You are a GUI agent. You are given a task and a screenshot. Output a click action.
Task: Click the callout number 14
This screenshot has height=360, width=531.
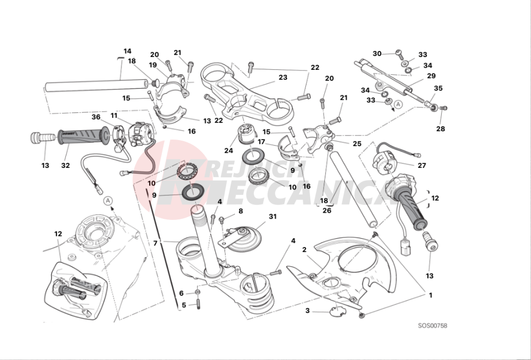coord(127,52)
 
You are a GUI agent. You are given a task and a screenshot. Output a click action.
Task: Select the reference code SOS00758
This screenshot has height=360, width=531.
coord(432,326)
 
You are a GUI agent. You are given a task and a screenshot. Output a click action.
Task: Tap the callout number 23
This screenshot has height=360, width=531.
coord(283,78)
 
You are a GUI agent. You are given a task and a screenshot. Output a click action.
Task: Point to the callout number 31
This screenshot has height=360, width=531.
coord(272,217)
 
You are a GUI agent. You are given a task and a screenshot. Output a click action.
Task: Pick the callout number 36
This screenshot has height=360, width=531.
coord(96,117)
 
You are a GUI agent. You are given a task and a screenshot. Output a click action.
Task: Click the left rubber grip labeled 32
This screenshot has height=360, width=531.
coord(80,135)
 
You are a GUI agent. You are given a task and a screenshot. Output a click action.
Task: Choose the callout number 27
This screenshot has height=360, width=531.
coord(422,164)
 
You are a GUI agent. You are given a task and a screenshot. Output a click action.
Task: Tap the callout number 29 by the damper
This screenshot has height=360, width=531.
coord(431,76)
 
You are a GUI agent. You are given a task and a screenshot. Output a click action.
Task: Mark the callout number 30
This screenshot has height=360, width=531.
coord(377,54)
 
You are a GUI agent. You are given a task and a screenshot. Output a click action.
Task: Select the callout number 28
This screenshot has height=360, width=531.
coord(440,129)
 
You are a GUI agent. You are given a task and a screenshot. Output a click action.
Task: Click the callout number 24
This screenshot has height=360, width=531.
coord(228,150)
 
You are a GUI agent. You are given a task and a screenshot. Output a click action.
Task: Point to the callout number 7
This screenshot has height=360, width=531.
coord(156,243)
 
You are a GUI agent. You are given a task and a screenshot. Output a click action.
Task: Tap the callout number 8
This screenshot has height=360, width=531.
coord(241,211)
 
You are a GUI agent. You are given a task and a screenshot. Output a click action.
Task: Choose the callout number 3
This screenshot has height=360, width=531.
coord(308,311)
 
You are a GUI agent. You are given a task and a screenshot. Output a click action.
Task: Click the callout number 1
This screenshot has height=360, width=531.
coord(430,295)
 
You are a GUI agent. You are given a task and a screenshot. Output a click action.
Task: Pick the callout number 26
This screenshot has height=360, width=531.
coord(327,210)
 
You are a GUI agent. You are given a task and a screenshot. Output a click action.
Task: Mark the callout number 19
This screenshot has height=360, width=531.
coord(153,65)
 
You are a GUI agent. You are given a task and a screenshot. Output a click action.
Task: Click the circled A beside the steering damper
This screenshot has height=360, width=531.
coord(398,104)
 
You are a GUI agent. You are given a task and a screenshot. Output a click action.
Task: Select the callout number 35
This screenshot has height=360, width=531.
coord(438,88)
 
